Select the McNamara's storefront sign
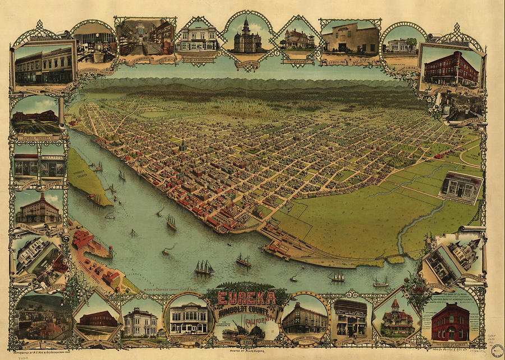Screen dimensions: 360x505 point(52,159)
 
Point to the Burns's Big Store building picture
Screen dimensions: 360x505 point(43,66)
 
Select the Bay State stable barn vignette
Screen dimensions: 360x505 point(351,39)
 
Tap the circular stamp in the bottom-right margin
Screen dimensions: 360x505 point(497,350)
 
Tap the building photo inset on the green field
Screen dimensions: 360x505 point(461,187)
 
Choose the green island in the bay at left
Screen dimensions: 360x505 point(88,177)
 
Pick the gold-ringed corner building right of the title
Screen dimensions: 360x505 point(305,318)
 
